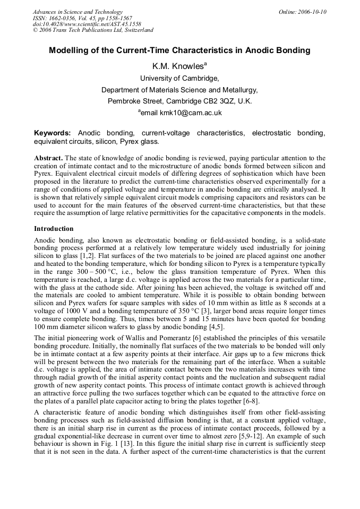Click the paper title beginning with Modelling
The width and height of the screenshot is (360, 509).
coord(179,51)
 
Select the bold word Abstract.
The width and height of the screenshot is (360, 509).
coord(48,158)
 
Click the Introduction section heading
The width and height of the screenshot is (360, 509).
coord(54,229)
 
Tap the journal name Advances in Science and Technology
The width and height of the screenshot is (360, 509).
coord(78,12)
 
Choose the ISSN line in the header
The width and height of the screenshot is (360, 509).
coord(82,18)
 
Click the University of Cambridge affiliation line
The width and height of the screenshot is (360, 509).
coord(179,78)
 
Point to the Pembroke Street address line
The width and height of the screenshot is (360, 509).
coord(179,101)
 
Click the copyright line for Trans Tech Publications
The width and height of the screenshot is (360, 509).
coord(93,30)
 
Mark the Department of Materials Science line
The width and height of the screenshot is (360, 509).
coord(179,90)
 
